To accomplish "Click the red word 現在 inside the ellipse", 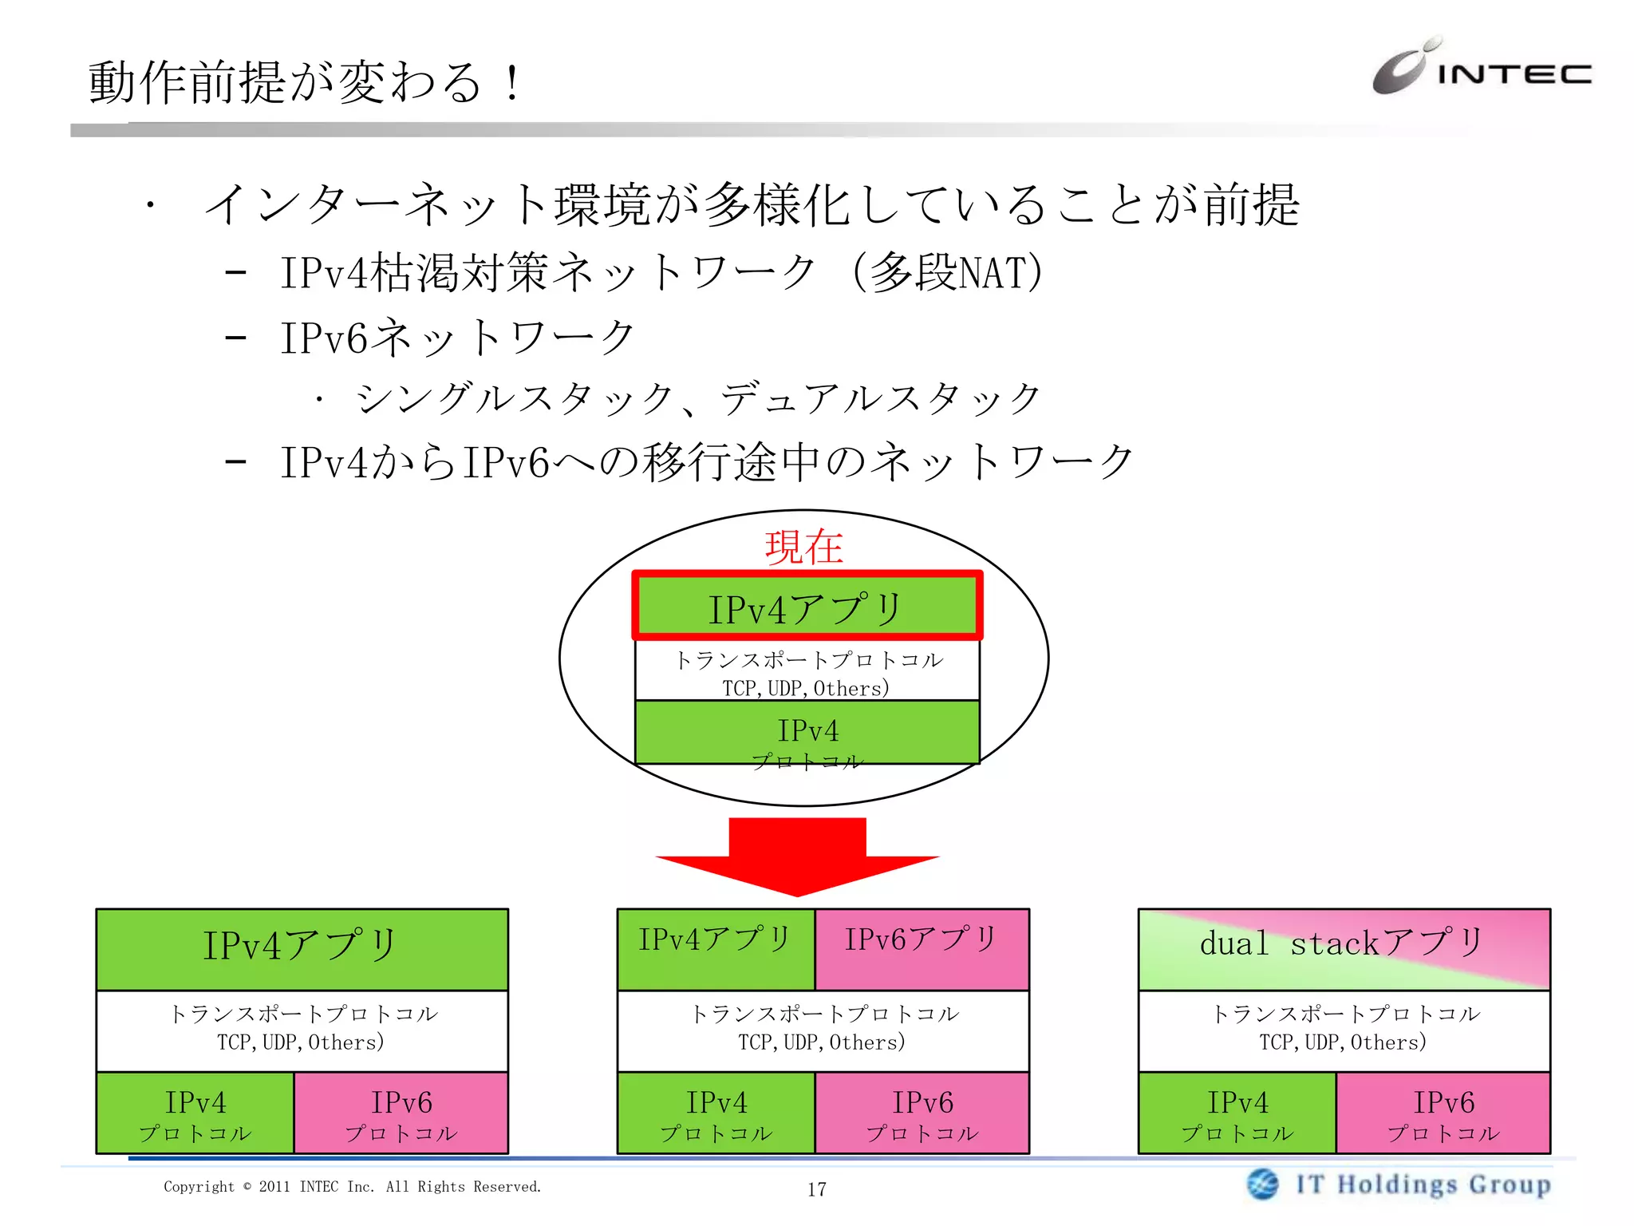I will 803,548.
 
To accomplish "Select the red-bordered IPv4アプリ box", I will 807,607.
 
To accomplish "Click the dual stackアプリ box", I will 1344,948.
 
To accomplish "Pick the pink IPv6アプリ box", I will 922,948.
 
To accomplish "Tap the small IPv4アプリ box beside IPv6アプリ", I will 716,948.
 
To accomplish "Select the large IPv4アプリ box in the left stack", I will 302,948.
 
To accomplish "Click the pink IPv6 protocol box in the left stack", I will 401,1113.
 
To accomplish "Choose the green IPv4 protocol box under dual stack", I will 1237,1113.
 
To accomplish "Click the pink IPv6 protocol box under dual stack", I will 1443,1113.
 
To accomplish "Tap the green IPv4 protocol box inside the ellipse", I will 807,733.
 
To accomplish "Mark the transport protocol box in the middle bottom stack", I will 823,1030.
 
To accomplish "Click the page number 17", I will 816,1189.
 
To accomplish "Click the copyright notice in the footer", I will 352,1187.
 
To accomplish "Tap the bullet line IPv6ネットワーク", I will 457,338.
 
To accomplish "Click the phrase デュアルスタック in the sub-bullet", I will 880,399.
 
